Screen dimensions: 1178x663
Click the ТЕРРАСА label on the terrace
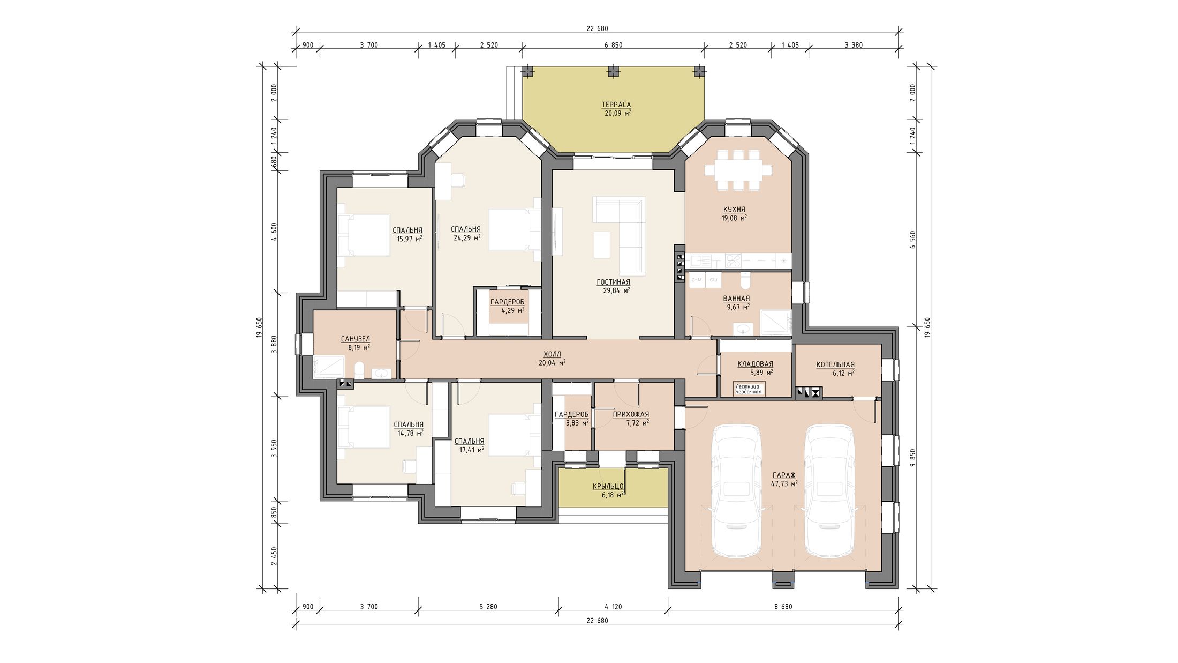point(616,105)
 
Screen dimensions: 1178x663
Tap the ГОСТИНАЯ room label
point(613,282)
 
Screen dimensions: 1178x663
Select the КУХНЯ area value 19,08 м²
point(734,218)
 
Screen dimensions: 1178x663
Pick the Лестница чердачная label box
point(749,389)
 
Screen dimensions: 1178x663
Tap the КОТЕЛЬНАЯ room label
point(835,365)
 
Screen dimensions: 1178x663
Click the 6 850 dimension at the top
point(613,45)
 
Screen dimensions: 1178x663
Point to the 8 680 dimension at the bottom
point(783,607)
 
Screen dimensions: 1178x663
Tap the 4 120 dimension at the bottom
point(613,607)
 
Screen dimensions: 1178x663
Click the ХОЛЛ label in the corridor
point(552,354)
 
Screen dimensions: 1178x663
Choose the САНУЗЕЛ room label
point(356,339)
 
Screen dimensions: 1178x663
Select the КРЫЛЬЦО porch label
point(608,487)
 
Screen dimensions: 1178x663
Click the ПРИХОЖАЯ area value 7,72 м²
point(637,423)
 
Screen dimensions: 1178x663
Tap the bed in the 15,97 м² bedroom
point(363,235)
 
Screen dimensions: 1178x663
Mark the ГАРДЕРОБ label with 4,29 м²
point(507,302)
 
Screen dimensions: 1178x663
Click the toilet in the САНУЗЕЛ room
point(359,370)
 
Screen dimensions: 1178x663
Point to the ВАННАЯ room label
point(736,299)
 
